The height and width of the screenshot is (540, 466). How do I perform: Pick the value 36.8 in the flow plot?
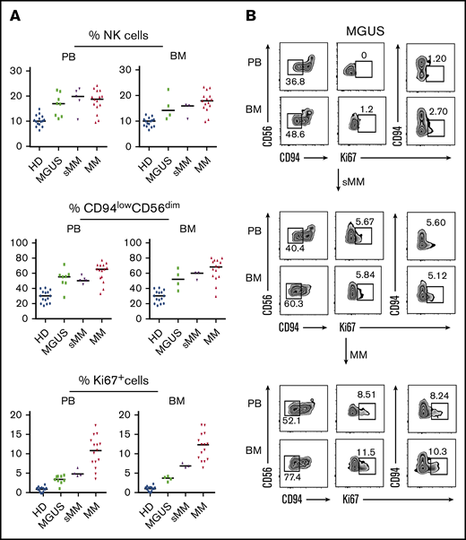(295, 82)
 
